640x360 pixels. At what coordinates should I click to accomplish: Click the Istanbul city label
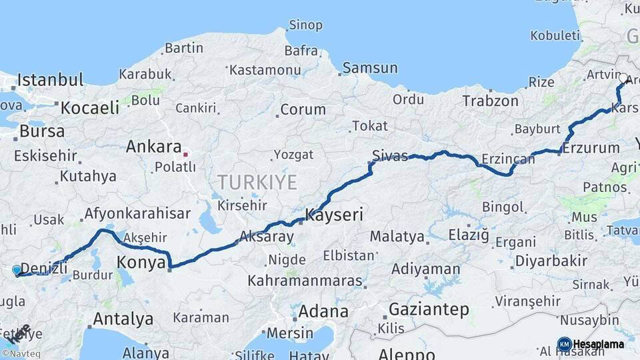coord(50,81)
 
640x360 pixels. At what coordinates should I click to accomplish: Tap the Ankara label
coord(153,147)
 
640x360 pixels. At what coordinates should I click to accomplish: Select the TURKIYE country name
coord(257,182)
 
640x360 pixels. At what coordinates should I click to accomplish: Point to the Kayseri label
coord(334,215)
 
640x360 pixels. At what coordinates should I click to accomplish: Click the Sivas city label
coord(389,156)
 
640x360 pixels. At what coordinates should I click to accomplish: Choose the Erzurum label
coord(591,148)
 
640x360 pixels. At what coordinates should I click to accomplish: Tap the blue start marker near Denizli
coord(17,270)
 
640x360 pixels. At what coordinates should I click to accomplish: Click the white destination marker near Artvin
coord(623,79)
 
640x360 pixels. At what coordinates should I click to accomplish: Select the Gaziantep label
coord(429,309)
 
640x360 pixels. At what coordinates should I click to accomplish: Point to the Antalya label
coord(123,319)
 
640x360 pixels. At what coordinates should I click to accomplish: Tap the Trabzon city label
coord(490,101)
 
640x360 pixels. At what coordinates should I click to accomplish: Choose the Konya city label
coord(141,263)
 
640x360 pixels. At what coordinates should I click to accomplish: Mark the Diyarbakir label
coord(551,261)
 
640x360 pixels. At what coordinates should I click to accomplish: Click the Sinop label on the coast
coord(305,25)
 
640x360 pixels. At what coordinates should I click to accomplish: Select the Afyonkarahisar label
coord(137,214)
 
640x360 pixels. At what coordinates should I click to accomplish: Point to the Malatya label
coord(397,236)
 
